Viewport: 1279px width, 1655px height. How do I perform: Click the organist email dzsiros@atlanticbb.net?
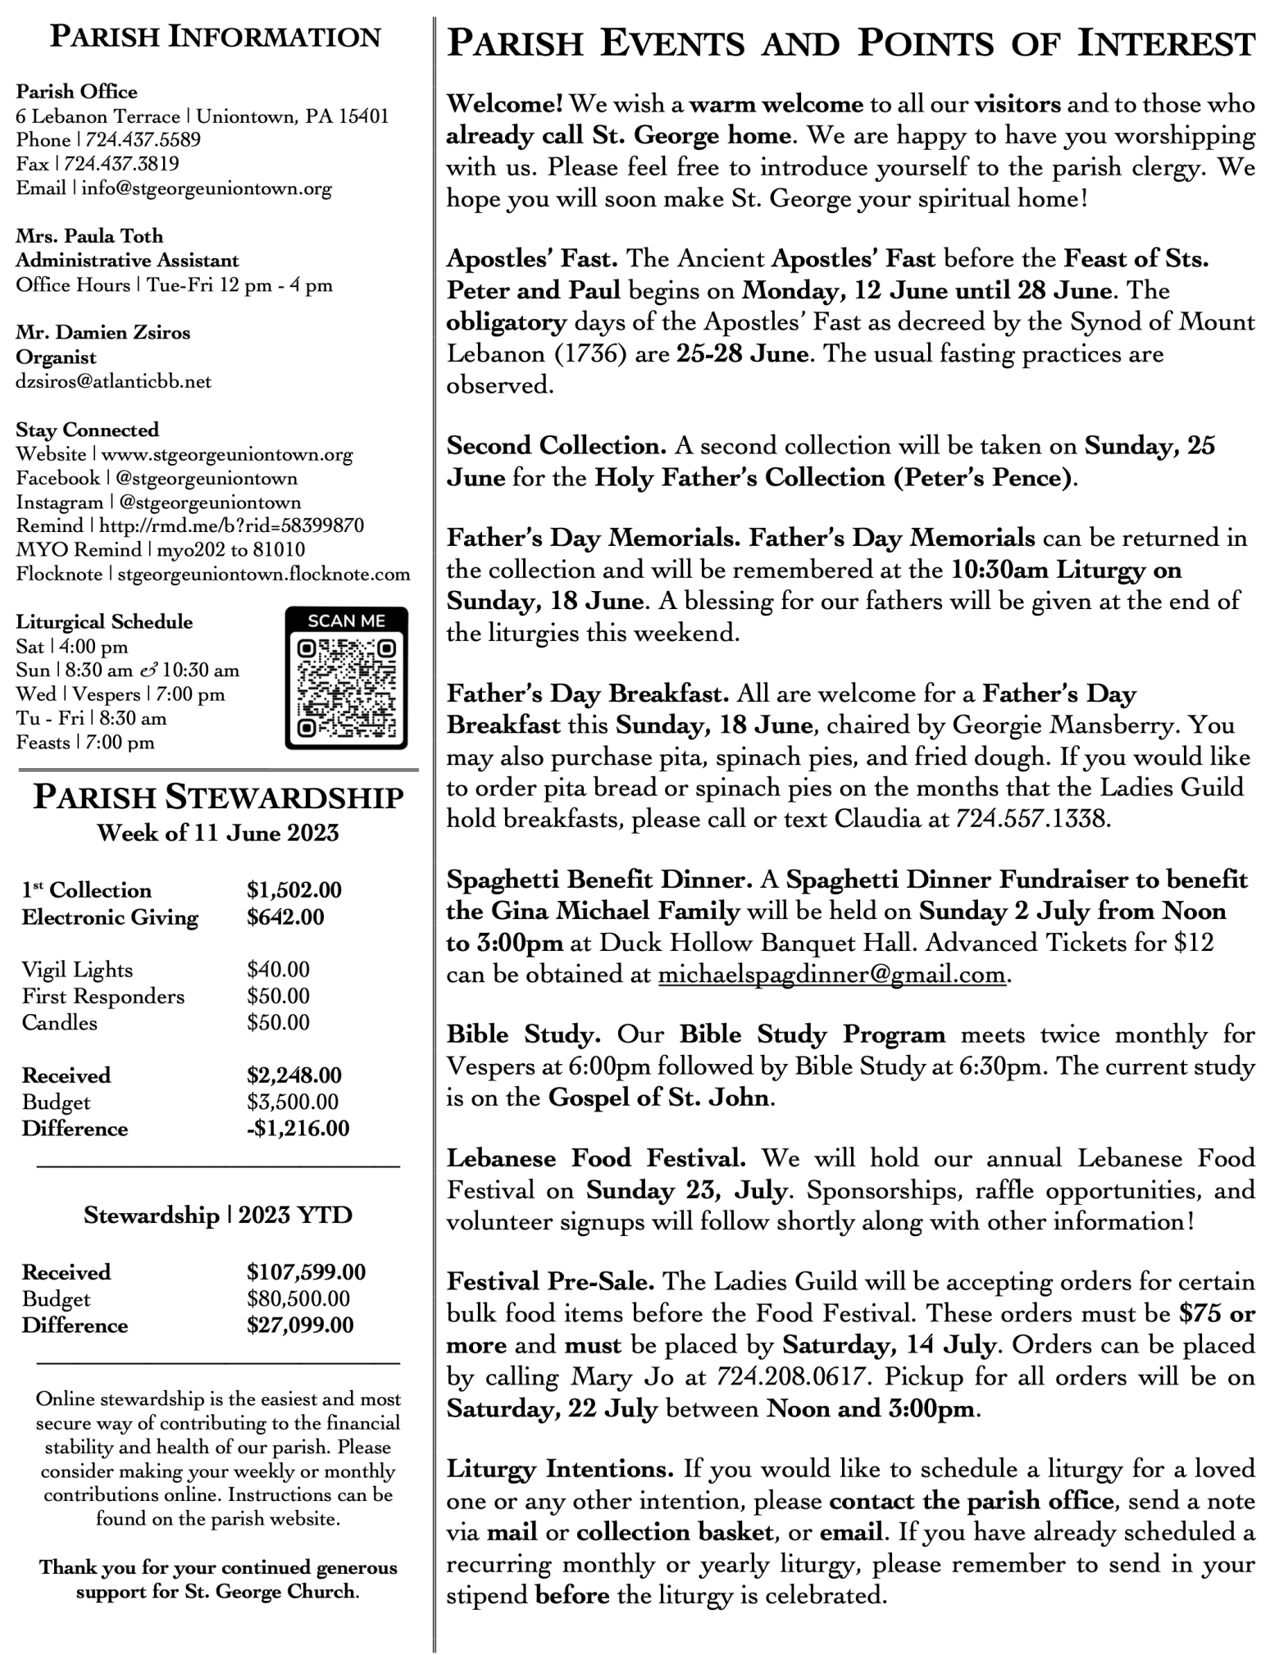pos(113,381)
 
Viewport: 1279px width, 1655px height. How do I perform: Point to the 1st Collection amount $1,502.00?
pos(294,890)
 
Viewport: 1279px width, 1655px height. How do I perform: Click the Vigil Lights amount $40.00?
pos(278,970)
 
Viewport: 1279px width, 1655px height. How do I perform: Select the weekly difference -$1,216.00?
pos(298,1128)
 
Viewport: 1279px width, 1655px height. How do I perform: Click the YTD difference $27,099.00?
pos(300,1325)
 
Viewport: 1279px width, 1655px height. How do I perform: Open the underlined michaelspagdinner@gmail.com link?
pos(831,974)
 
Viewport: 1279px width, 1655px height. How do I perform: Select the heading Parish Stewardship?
pos(218,798)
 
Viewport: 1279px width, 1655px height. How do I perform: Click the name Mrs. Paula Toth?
pos(89,236)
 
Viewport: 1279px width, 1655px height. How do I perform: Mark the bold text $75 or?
pos(1217,1313)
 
